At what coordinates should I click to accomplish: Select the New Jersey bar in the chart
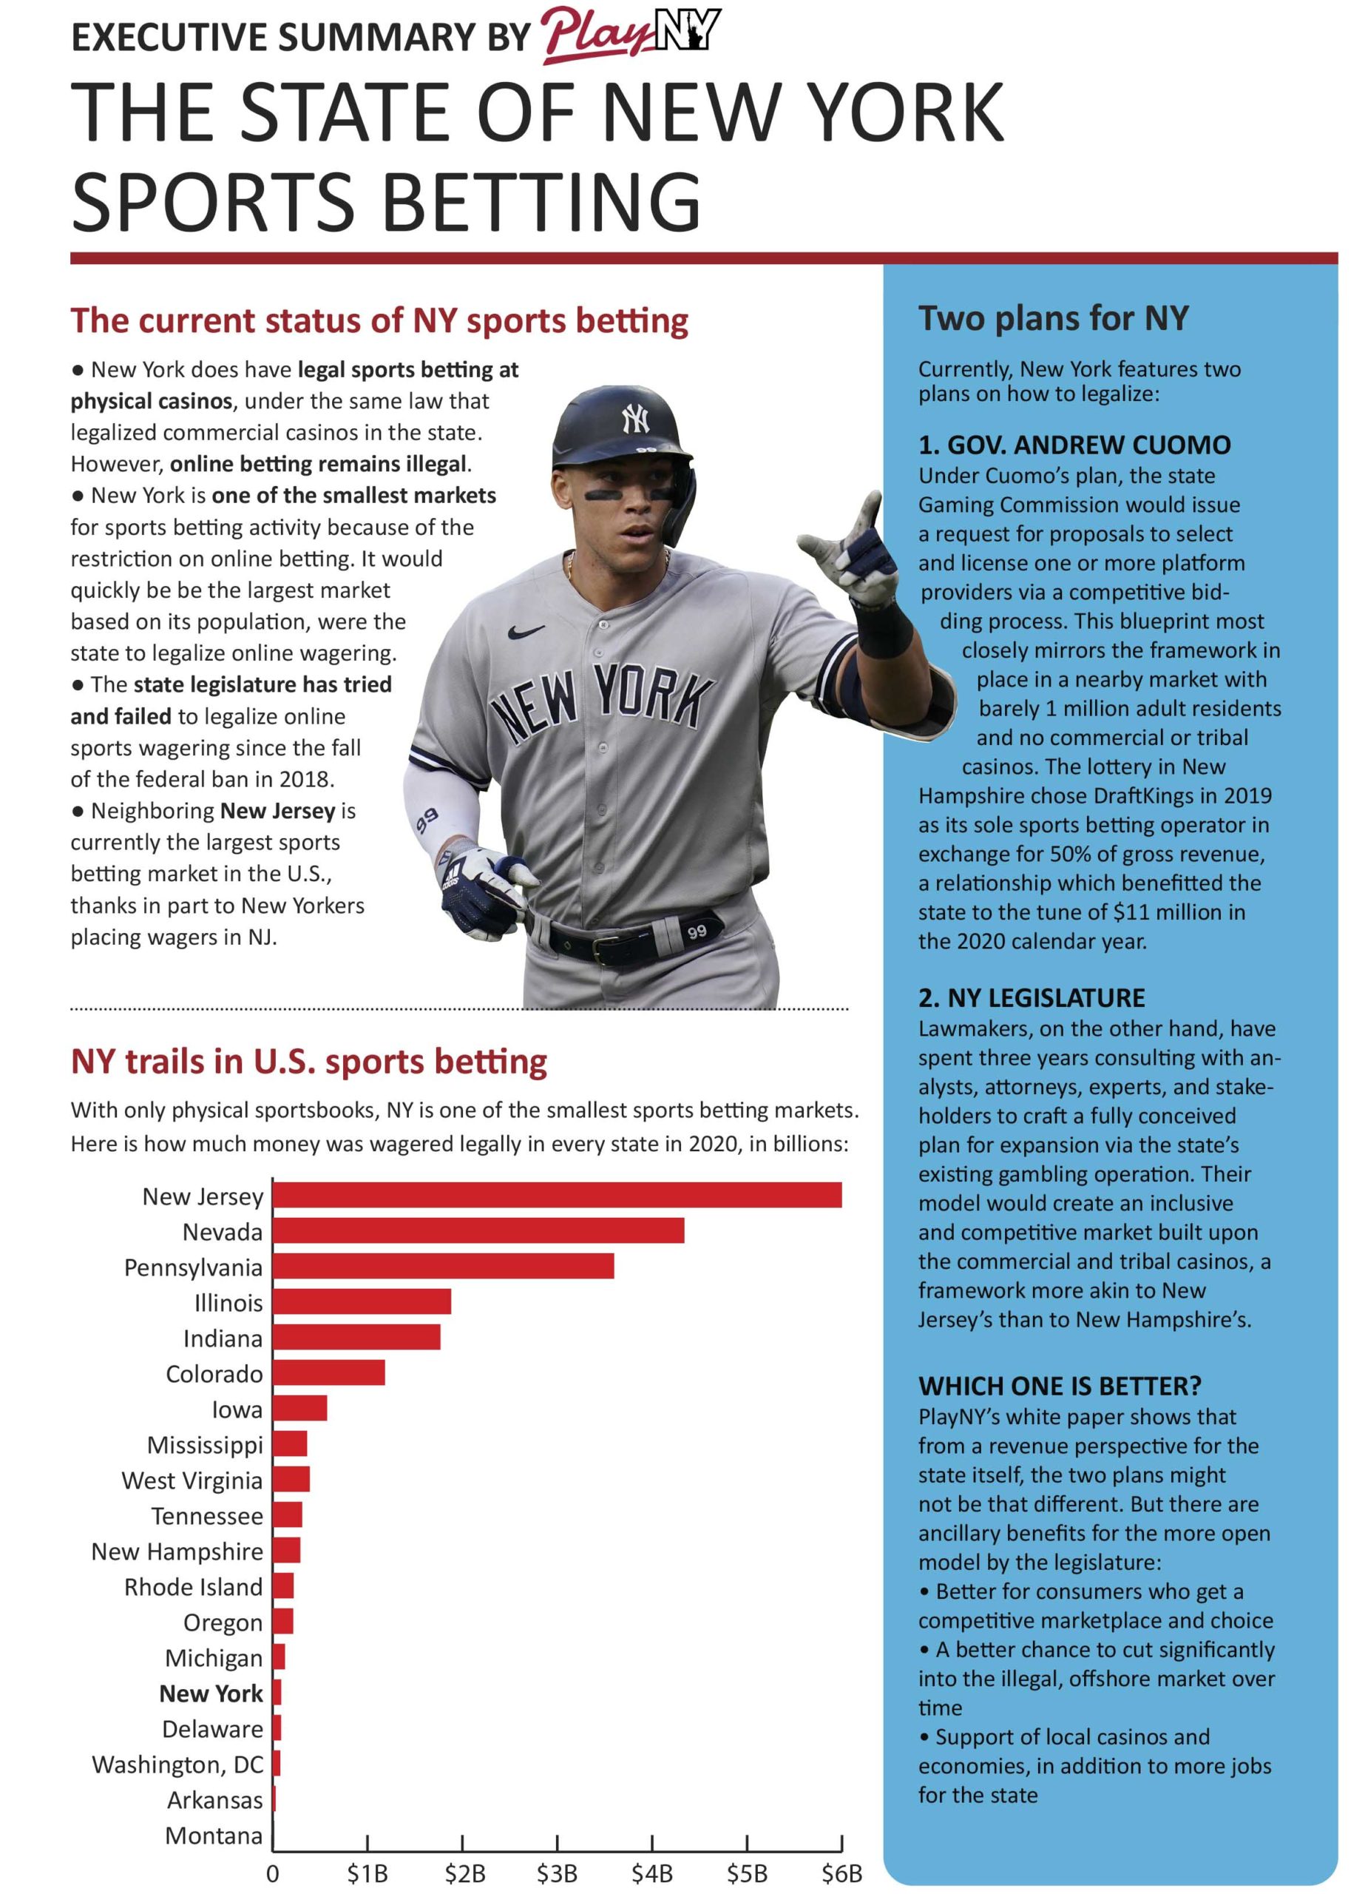coord(557,1195)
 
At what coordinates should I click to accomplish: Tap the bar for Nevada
coord(478,1230)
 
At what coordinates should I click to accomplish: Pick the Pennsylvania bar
coord(444,1266)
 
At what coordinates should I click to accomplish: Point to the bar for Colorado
coord(329,1373)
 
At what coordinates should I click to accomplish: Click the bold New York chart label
coord(211,1693)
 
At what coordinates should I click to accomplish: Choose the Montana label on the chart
coord(214,1835)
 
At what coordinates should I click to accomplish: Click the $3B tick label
coord(557,1873)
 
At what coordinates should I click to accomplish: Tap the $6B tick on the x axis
coord(841,1873)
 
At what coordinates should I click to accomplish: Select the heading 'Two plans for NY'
coord(1053,318)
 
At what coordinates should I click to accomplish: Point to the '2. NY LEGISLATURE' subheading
coord(1031,997)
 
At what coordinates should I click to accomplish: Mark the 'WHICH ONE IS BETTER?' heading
coord(1060,1386)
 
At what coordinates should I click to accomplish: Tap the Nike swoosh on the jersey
coord(526,632)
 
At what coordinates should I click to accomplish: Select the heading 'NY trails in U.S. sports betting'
coord(309,1062)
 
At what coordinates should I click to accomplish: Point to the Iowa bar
coord(299,1408)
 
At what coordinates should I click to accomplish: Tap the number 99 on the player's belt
coord(697,931)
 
